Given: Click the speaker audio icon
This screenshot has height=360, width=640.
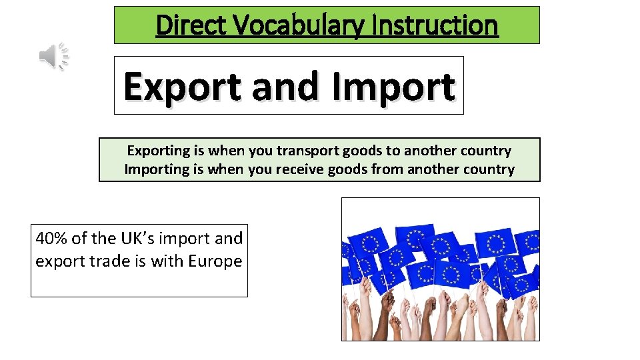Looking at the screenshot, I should pyautogui.click(x=54, y=56).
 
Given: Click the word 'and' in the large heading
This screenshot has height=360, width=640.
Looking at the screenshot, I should pyautogui.click(x=287, y=87).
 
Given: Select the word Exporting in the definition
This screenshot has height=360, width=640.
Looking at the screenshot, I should pyautogui.click(x=157, y=151).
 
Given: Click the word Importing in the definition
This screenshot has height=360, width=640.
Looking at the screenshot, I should pyautogui.click(x=157, y=169).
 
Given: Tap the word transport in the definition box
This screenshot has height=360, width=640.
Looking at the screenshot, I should pyautogui.click(x=305, y=151).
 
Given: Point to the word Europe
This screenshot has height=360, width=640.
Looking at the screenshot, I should pyautogui.click(x=215, y=261).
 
